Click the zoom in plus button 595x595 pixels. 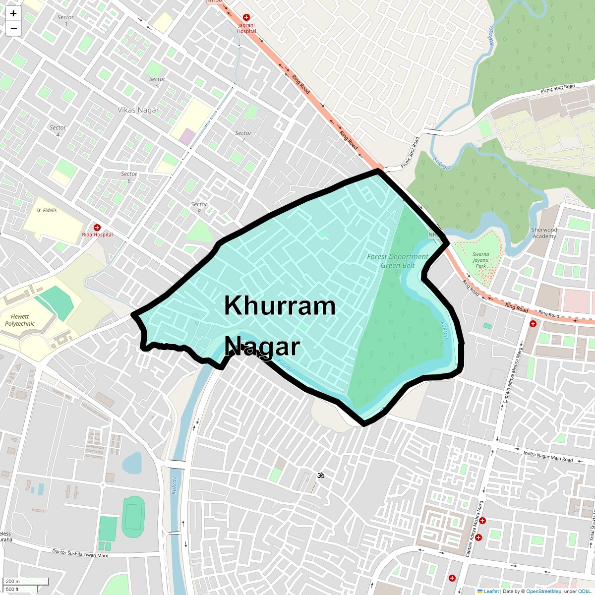(x=13, y=13)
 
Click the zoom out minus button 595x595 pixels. (x=13, y=28)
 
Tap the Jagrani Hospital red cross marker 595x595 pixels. (x=246, y=17)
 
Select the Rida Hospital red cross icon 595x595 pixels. (x=97, y=228)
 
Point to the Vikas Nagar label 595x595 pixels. (x=138, y=110)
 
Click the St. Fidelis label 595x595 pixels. (x=46, y=210)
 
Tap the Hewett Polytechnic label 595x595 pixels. (x=20, y=320)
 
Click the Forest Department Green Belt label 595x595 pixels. (x=398, y=261)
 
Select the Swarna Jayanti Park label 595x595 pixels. (x=480, y=260)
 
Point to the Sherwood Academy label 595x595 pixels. (x=544, y=233)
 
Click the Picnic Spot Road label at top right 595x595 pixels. (x=557, y=89)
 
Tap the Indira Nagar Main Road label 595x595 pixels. (x=548, y=456)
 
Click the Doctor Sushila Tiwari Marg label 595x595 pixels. (x=80, y=553)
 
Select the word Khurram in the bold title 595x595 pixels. (x=280, y=306)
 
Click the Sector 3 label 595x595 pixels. (x=65, y=20)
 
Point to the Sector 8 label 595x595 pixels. (x=199, y=207)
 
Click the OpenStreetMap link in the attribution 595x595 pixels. (x=544, y=591)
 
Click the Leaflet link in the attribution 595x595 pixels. (x=491, y=591)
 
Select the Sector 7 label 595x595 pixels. (x=243, y=136)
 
